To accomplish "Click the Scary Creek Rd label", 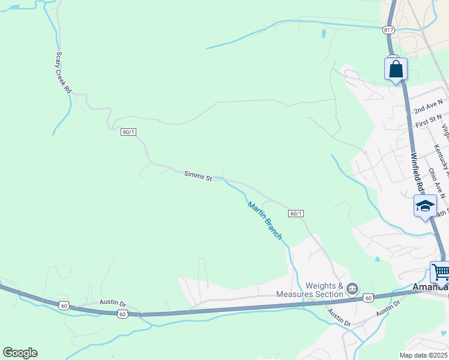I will click(x=64, y=71).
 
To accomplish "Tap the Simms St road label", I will click(x=198, y=176).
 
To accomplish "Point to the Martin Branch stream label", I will click(x=265, y=221).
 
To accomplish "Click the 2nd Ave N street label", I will click(x=429, y=107).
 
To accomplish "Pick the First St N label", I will click(x=429, y=121).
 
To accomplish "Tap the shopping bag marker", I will click(x=396, y=68).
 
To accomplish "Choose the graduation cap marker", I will click(x=425, y=206).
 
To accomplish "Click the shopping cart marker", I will click(x=441, y=272).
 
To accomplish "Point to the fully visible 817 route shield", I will click(x=389, y=29).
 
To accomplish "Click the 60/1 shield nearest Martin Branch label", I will click(x=296, y=214).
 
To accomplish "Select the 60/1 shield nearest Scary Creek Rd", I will click(x=128, y=132).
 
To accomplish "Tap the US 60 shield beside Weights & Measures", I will click(x=369, y=298).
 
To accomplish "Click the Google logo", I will click(x=20, y=353).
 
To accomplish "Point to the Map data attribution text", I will click(x=424, y=355).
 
